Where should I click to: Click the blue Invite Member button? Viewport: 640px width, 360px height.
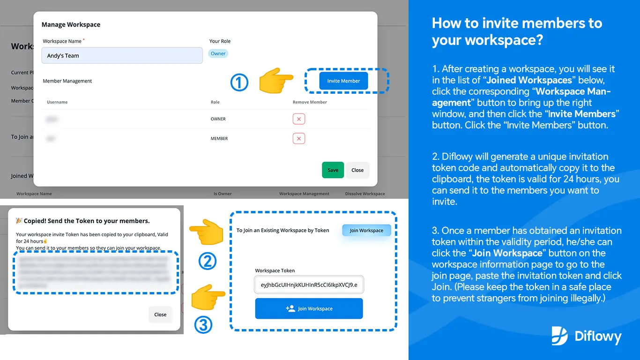click(343, 81)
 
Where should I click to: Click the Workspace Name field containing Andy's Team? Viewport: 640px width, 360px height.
click(122, 55)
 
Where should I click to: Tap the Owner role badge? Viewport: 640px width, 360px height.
click(218, 53)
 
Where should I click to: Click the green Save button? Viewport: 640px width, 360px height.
click(333, 170)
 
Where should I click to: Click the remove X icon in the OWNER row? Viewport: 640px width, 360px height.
click(298, 119)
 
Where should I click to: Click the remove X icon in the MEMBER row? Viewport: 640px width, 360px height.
click(298, 139)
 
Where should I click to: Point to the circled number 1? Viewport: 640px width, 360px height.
click(239, 83)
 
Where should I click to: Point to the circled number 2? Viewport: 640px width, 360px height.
click(207, 261)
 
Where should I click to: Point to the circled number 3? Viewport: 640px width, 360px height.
click(203, 325)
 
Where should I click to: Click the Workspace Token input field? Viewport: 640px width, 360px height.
click(309, 285)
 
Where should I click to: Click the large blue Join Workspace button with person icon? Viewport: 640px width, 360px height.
click(309, 308)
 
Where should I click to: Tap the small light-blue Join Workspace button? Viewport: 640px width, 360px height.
click(366, 230)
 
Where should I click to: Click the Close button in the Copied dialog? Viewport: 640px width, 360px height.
click(160, 315)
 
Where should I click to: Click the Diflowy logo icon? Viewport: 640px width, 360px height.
click(559, 336)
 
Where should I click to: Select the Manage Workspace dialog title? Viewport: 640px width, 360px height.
click(71, 24)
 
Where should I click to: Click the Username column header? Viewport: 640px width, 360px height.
click(57, 102)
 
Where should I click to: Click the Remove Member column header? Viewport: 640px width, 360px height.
click(310, 102)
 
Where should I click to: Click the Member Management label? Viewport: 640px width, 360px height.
click(67, 81)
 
